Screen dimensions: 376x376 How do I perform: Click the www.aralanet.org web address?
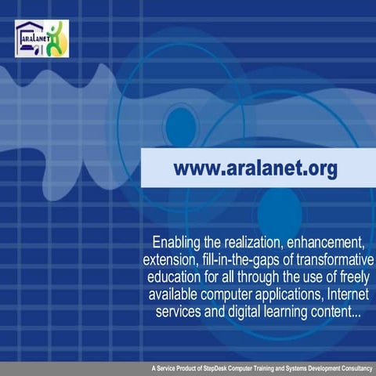pyautogui.click(x=255, y=168)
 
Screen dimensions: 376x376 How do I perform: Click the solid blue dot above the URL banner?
pyautogui.click(x=180, y=124)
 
